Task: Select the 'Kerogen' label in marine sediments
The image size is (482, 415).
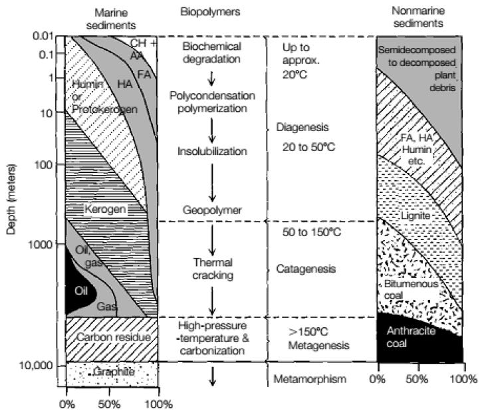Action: point(106,209)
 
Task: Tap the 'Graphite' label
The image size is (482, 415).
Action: point(110,372)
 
